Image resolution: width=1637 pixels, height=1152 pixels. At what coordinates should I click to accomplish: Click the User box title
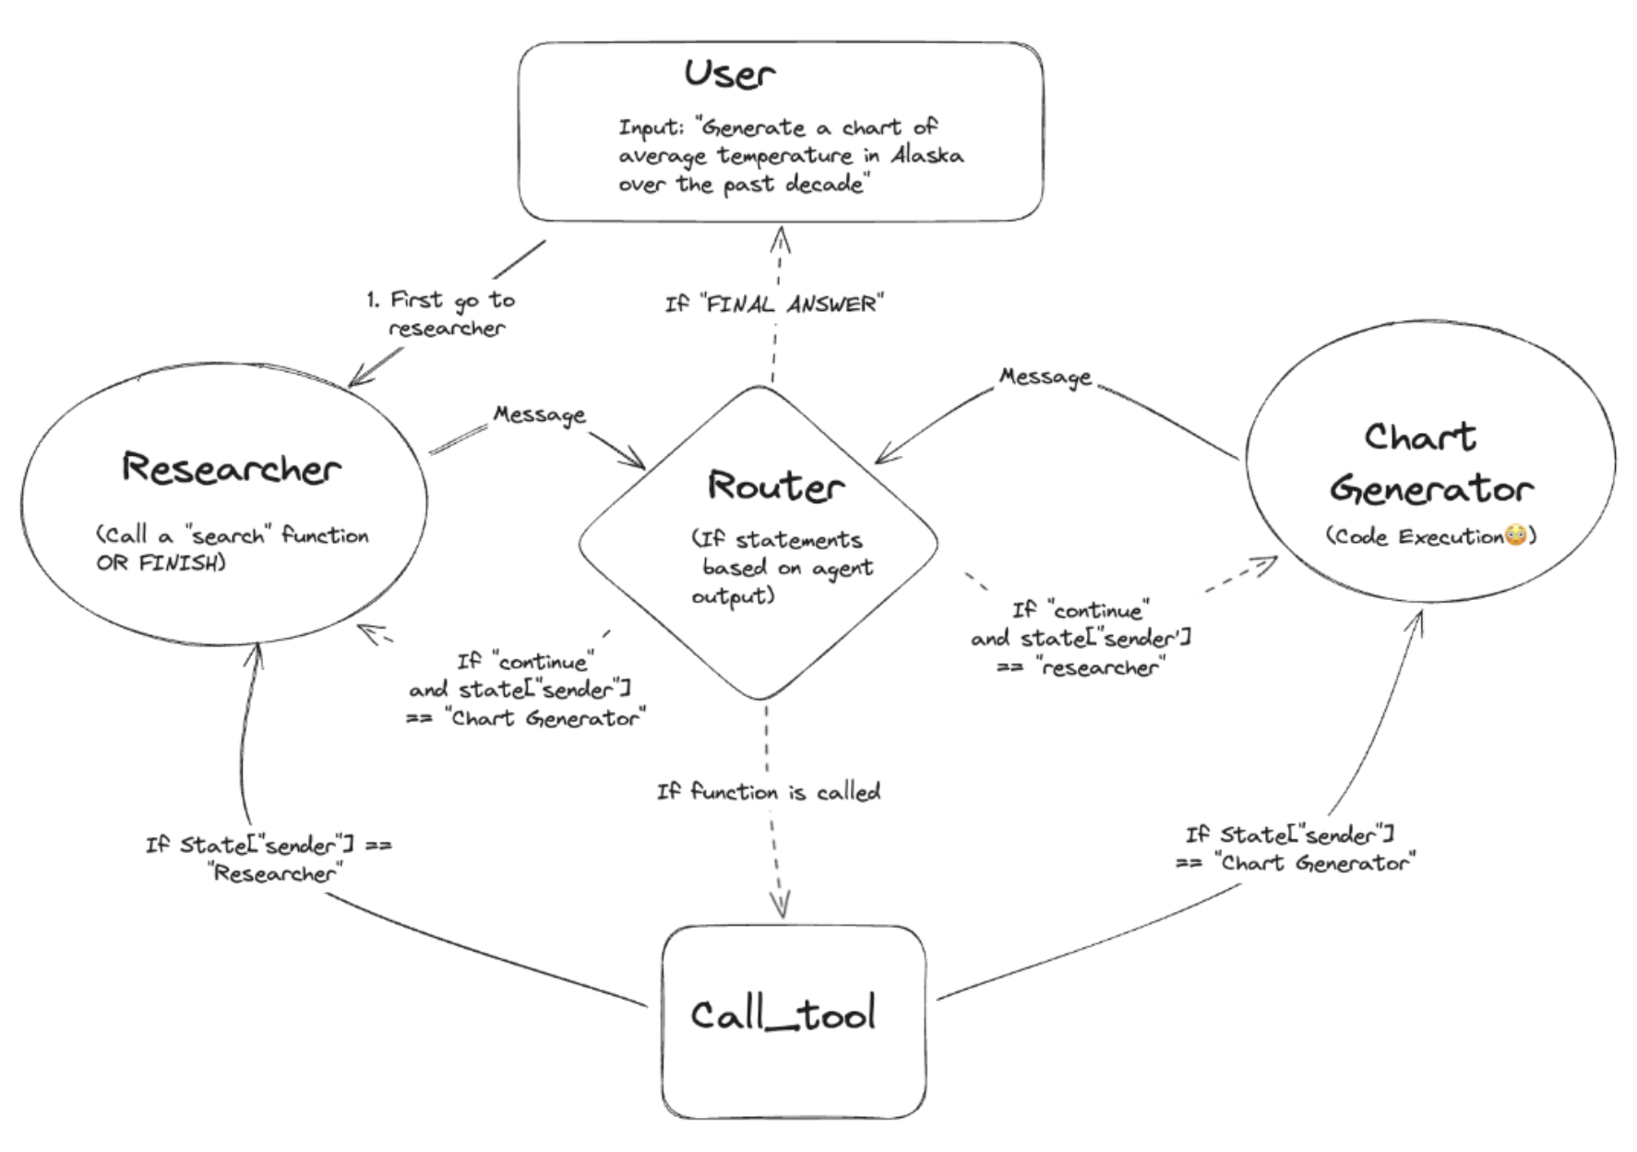(x=729, y=74)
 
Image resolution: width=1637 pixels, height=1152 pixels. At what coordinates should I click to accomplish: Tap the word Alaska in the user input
(x=926, y=155)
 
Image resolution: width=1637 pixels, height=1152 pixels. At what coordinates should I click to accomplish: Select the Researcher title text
(x=231, y=469)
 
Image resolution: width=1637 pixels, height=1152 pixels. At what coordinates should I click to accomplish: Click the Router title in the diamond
(x=775, y=486)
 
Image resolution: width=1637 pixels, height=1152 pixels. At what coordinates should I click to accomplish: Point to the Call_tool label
(x=783, y=1015)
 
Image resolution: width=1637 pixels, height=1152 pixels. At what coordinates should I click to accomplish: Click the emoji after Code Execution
(x=1515, y=536)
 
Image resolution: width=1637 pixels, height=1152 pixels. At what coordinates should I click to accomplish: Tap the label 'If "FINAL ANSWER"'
(x=774, y=304)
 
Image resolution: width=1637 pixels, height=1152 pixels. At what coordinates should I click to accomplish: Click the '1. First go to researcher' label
(x=441, y=314)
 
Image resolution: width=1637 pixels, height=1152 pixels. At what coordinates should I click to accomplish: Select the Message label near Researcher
(x=540, y=414)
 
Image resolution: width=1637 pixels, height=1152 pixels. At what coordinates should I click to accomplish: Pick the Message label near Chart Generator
(x=1046, y=377)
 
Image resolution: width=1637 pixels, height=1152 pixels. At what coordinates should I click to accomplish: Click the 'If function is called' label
(x=769, y=792)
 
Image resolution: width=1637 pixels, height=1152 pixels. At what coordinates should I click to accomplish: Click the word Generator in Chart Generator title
(x=1431, y=489)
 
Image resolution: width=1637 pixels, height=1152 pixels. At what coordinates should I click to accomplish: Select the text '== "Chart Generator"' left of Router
(x=526, y=718)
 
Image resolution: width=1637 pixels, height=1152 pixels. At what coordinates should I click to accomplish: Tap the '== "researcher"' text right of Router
(x=1081, y=666)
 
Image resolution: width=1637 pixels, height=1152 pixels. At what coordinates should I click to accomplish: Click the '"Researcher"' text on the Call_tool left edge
(x=275, y=873)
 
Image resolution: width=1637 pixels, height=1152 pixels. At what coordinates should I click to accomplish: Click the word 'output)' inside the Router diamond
(x=733, y=597)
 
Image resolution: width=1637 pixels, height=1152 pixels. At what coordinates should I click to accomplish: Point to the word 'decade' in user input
(x=825, y=184)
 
